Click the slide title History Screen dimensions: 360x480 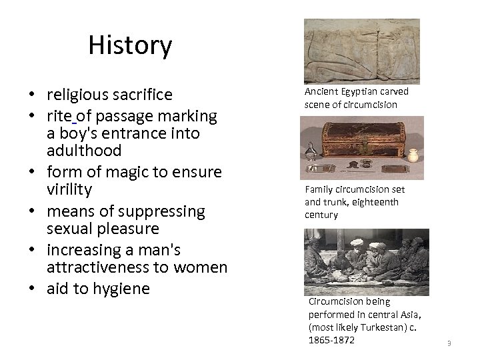click(x=130, y=46)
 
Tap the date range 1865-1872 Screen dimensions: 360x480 click(x=331, y=339)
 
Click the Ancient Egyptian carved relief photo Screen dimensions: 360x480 click(x=361, y=51)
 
